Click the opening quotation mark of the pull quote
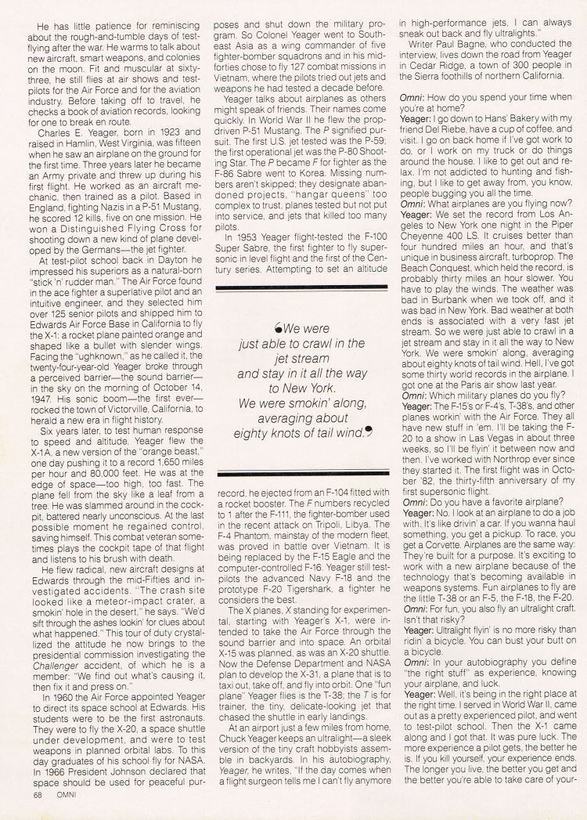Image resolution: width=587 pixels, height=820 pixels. tap(278, 330)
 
